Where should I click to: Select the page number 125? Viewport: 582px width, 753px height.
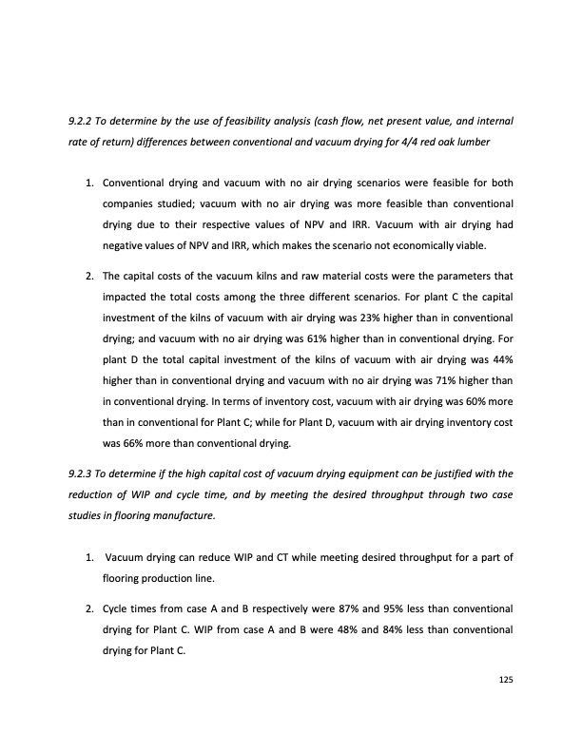tap(506, 679)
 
